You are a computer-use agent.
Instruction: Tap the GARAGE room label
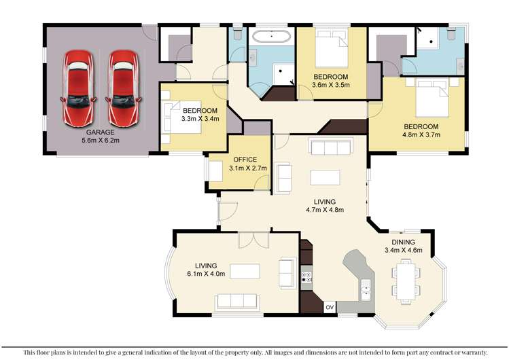coord(99,132)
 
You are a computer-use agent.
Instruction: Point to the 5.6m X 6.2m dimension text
coord(99,142)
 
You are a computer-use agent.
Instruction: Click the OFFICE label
coord(226,160)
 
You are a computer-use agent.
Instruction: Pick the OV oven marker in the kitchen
coord(330,308)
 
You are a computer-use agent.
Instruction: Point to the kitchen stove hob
coord(306,276)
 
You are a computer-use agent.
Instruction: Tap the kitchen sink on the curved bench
coord(365,289)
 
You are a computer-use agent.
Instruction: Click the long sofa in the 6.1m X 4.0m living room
coord(236,301)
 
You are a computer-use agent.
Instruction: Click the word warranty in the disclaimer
coord(470,352)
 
